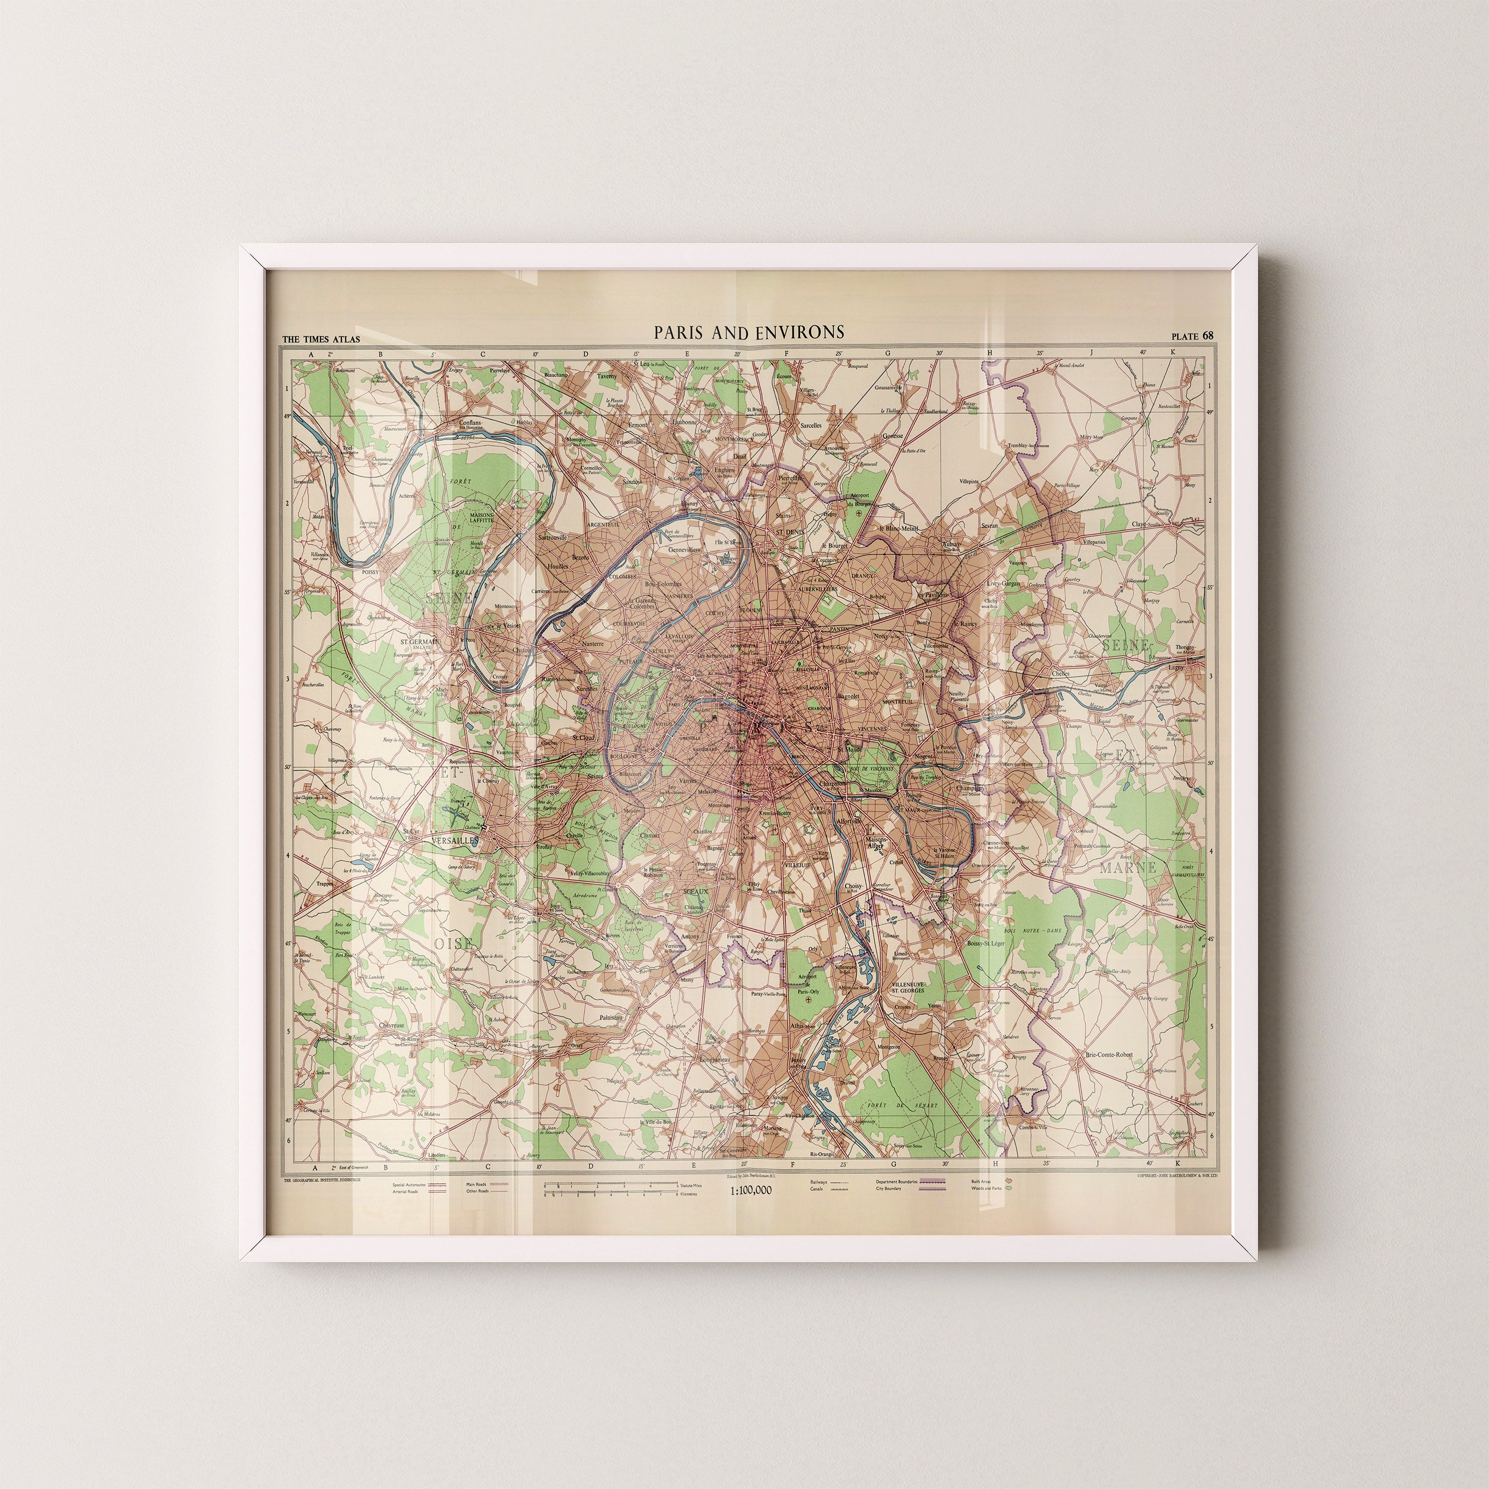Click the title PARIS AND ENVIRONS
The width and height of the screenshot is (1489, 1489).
tap(749, 332)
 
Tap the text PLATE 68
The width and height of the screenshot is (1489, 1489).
tap(1192, 335)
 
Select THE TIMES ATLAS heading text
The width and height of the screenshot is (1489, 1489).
tap(322, 339)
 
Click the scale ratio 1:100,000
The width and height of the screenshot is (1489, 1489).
tap(750, 1191)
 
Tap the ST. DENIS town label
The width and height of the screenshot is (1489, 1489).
tap(789, 532)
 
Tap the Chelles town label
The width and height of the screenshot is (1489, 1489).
tap(1061, 673)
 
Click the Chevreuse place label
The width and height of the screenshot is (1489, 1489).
tap(392, 1026)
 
